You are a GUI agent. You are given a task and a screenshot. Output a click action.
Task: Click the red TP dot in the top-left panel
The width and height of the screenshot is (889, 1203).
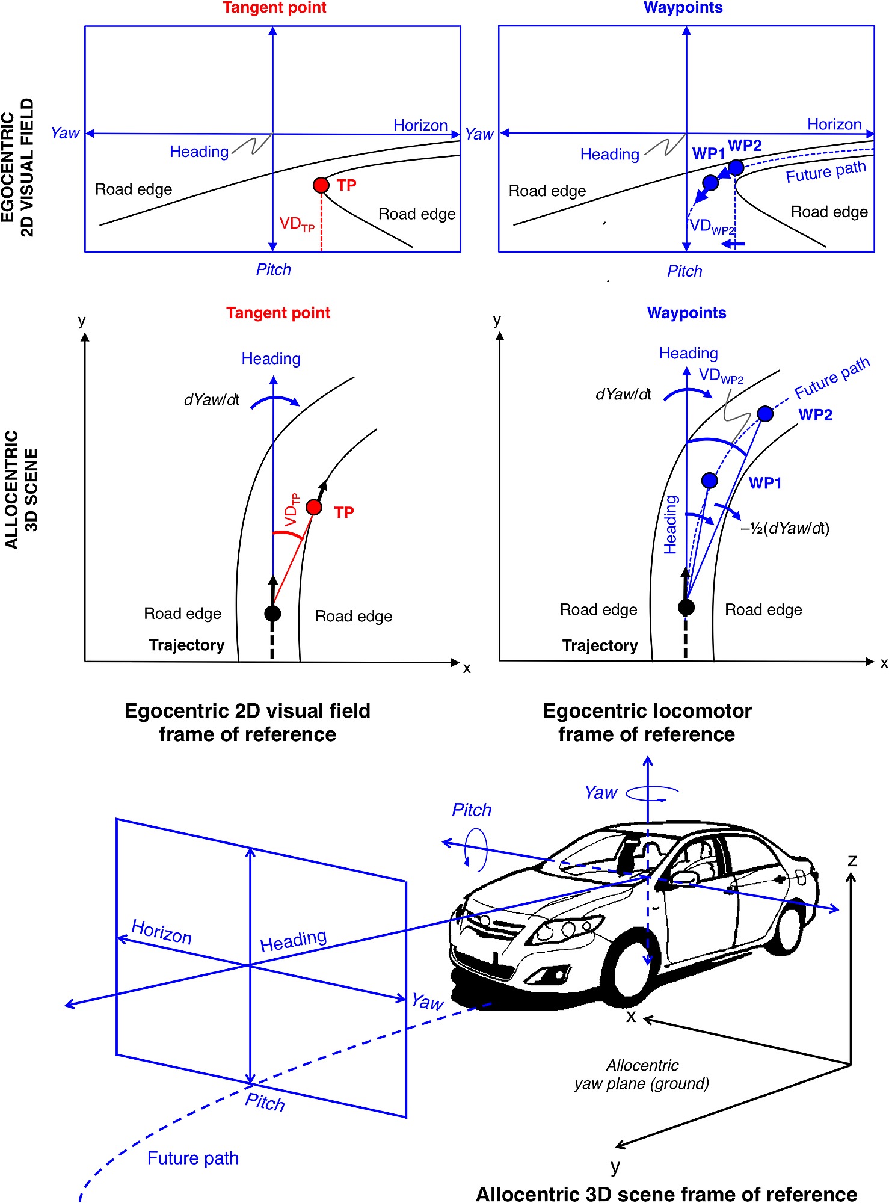(321, 185)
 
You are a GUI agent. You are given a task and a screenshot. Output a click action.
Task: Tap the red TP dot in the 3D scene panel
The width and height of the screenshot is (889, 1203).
(314, 507)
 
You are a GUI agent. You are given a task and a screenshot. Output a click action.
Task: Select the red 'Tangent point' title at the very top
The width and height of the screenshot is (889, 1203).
(274, 8)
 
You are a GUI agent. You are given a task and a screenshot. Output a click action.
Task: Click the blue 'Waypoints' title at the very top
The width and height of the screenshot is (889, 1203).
(683, 8)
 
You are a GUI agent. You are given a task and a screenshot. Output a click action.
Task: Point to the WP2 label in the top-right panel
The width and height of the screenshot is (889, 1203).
(745, 146)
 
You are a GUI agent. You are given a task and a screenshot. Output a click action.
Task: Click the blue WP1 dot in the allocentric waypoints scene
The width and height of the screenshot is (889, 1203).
(710, 480)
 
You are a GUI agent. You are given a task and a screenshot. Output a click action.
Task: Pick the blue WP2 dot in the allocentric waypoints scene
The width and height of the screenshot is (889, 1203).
(765, 414)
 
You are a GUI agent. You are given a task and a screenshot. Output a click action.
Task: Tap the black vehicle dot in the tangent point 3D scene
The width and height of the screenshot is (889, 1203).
(272, 614)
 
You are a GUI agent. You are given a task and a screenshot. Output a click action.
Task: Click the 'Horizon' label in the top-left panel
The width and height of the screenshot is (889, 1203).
(420, 125)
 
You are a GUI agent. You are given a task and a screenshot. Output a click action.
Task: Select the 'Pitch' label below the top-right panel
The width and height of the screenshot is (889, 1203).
(684, 271)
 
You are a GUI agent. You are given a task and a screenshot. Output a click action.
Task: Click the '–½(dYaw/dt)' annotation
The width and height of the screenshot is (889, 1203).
(785, 528)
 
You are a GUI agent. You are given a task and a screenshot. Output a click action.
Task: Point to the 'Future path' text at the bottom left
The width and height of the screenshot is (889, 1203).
(193, 1158)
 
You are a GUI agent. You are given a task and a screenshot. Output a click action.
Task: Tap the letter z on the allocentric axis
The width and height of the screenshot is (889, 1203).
(852, 860)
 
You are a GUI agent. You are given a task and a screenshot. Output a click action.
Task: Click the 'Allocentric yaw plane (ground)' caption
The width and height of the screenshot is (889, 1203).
(642, 1075)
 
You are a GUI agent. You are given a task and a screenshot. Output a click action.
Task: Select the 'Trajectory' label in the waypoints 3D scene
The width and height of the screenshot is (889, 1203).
(600, 645)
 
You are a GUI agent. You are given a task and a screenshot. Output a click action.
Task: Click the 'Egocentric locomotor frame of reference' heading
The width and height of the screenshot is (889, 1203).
(647, 722)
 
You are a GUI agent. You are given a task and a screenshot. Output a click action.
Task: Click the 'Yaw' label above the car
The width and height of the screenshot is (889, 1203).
(601, 793)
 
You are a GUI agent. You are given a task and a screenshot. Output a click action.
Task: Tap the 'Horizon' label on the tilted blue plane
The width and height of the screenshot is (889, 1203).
(162, 932)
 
